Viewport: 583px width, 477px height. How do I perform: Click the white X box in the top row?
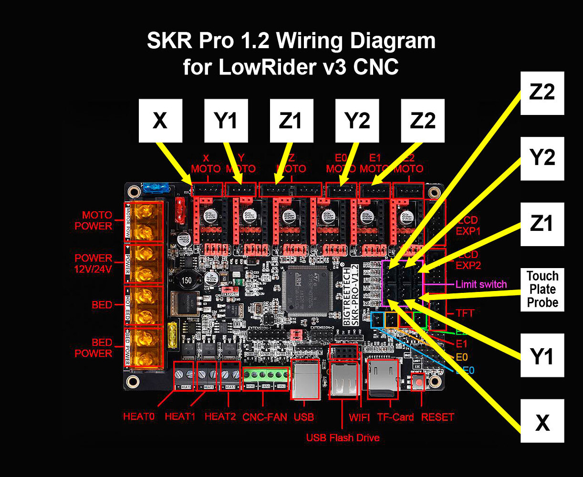[160, 121]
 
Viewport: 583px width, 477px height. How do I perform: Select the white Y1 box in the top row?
[226, 121]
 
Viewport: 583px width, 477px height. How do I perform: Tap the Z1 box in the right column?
[542, 224]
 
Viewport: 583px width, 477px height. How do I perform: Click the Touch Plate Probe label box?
[542, 289]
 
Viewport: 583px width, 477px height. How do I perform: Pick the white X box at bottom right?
[542, 421]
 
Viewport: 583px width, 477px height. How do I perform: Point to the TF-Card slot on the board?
[383, 379]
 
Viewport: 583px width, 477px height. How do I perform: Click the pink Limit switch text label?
[481, 284]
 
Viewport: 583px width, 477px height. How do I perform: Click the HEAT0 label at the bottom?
[139, 416]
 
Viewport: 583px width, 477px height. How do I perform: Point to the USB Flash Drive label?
[343, 437]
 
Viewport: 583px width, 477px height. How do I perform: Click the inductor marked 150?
[186, 280]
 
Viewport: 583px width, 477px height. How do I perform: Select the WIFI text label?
[359, 417]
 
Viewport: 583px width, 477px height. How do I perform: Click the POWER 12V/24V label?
[94, 263]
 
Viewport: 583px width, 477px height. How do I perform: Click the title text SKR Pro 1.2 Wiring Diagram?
[291, 41]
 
